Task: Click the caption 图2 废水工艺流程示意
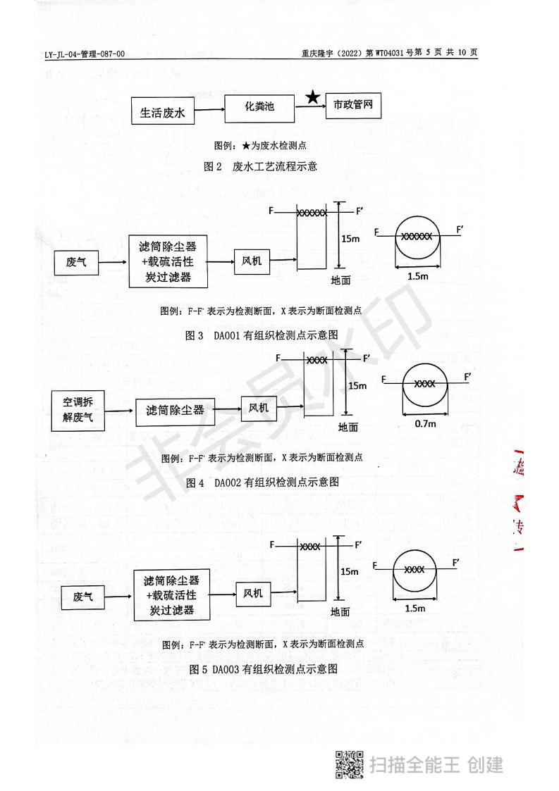(261, 167)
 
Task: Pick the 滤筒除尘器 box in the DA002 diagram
(176, 410)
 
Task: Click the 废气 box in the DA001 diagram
(76, 263)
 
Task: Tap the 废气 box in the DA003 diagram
(83, 597)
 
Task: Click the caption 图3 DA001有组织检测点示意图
(262, 335)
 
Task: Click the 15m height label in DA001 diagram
(351, 239)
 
